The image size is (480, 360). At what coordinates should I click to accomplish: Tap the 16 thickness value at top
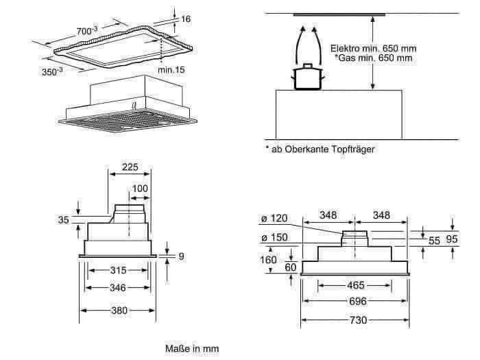pos(185,19)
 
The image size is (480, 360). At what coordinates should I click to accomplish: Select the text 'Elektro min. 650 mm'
pos(372,49)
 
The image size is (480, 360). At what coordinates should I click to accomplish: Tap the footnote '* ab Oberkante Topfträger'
pos(320,149)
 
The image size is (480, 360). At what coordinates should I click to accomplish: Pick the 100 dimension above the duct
pos(140,188)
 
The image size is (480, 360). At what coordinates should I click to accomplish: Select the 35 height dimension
pos(64,219)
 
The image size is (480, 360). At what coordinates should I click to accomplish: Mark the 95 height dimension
pos(453,239)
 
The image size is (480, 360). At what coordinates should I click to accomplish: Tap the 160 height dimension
pos(269,260)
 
